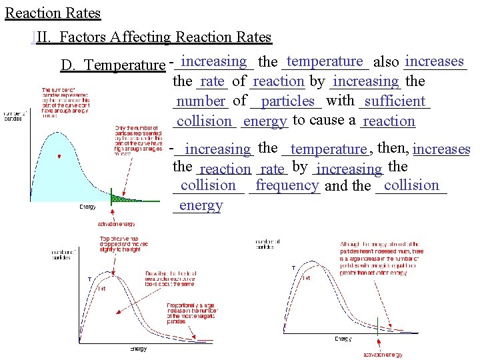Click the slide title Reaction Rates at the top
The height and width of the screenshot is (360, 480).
[x=53, y=13]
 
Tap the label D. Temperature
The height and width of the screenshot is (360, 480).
[x=112, y=65]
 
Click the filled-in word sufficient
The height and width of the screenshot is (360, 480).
[x=395, y=101]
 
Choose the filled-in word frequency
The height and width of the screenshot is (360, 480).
[x=287, y=185]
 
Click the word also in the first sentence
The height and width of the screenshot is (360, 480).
[x=387, y=62]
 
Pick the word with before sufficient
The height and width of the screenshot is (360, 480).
[x=341, y=101]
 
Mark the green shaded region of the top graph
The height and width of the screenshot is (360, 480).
[x=124, y=197]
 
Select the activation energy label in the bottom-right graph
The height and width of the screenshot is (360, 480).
[x=383, y=355]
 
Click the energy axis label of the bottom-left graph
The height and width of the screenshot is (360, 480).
[x=138, y=349]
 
